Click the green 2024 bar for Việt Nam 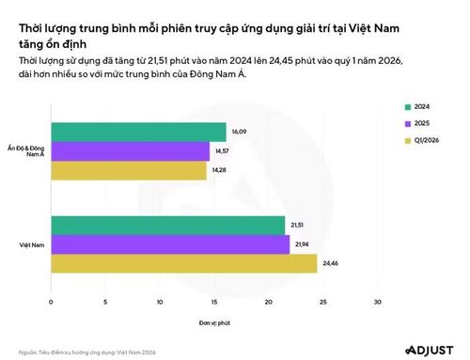168,226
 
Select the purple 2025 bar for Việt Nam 170,244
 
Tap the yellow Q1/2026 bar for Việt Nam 184,263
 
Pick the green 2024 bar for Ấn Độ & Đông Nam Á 139,132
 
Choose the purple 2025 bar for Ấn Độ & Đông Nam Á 131,151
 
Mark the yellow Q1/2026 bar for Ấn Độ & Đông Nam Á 129,170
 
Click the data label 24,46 331,263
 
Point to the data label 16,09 239,132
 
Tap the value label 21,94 302,244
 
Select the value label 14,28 219,170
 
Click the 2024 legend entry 417,107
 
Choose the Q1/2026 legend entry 422,140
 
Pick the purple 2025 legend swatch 408,124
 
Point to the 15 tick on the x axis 214,302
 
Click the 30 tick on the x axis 378,302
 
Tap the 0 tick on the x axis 51,302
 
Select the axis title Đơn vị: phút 214,322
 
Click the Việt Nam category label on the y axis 32,245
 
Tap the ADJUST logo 430,351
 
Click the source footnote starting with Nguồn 87,352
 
